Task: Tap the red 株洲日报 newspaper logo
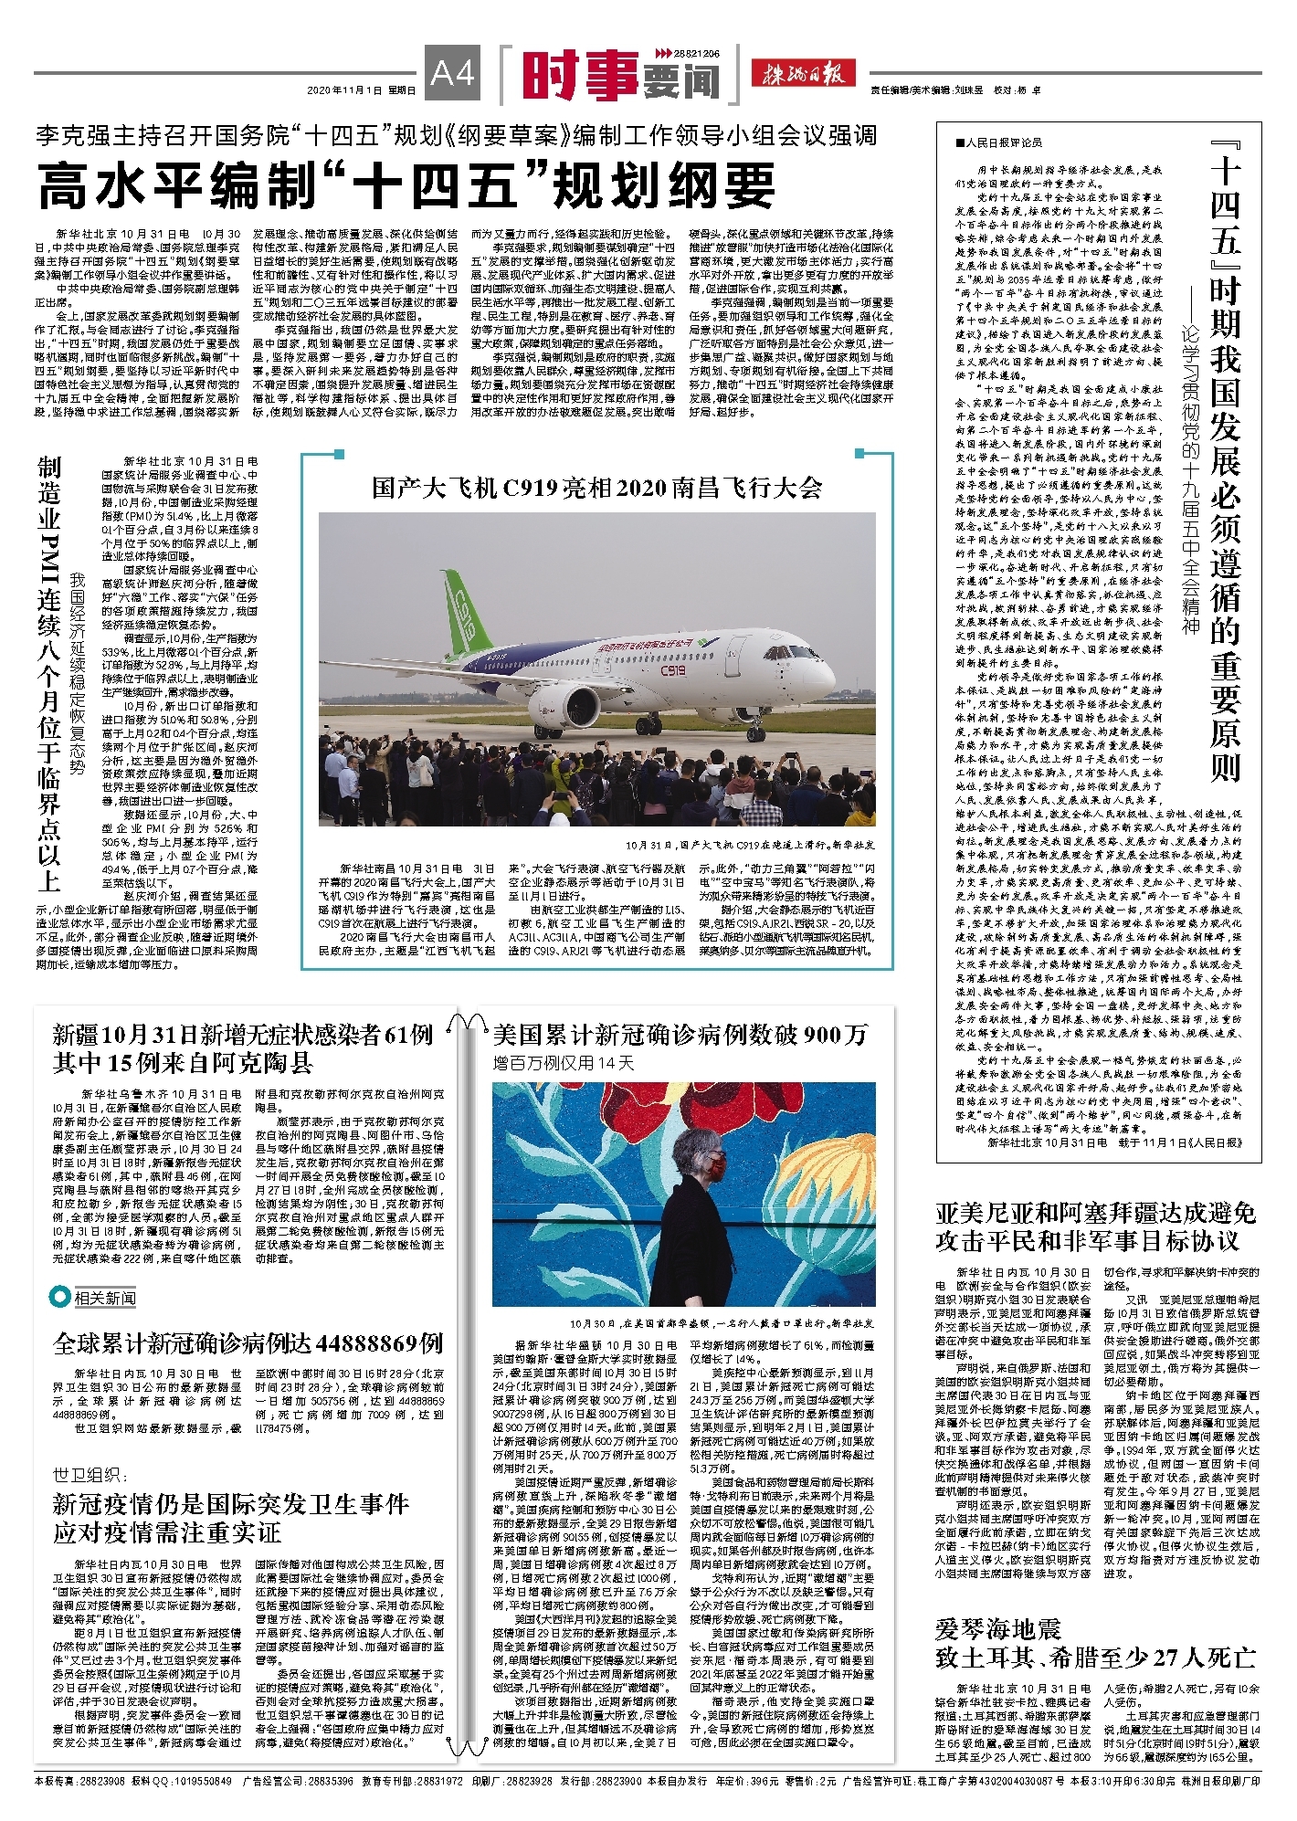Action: (803, 73)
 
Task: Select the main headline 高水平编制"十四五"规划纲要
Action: (406, 186)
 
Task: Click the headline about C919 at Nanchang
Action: (596, 488)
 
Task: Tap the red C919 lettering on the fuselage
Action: (673, 670)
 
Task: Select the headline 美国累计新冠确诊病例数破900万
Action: (680, 1035)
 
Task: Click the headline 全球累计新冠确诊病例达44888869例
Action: (248, 1342)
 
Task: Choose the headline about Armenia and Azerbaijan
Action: (1096, 1226)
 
